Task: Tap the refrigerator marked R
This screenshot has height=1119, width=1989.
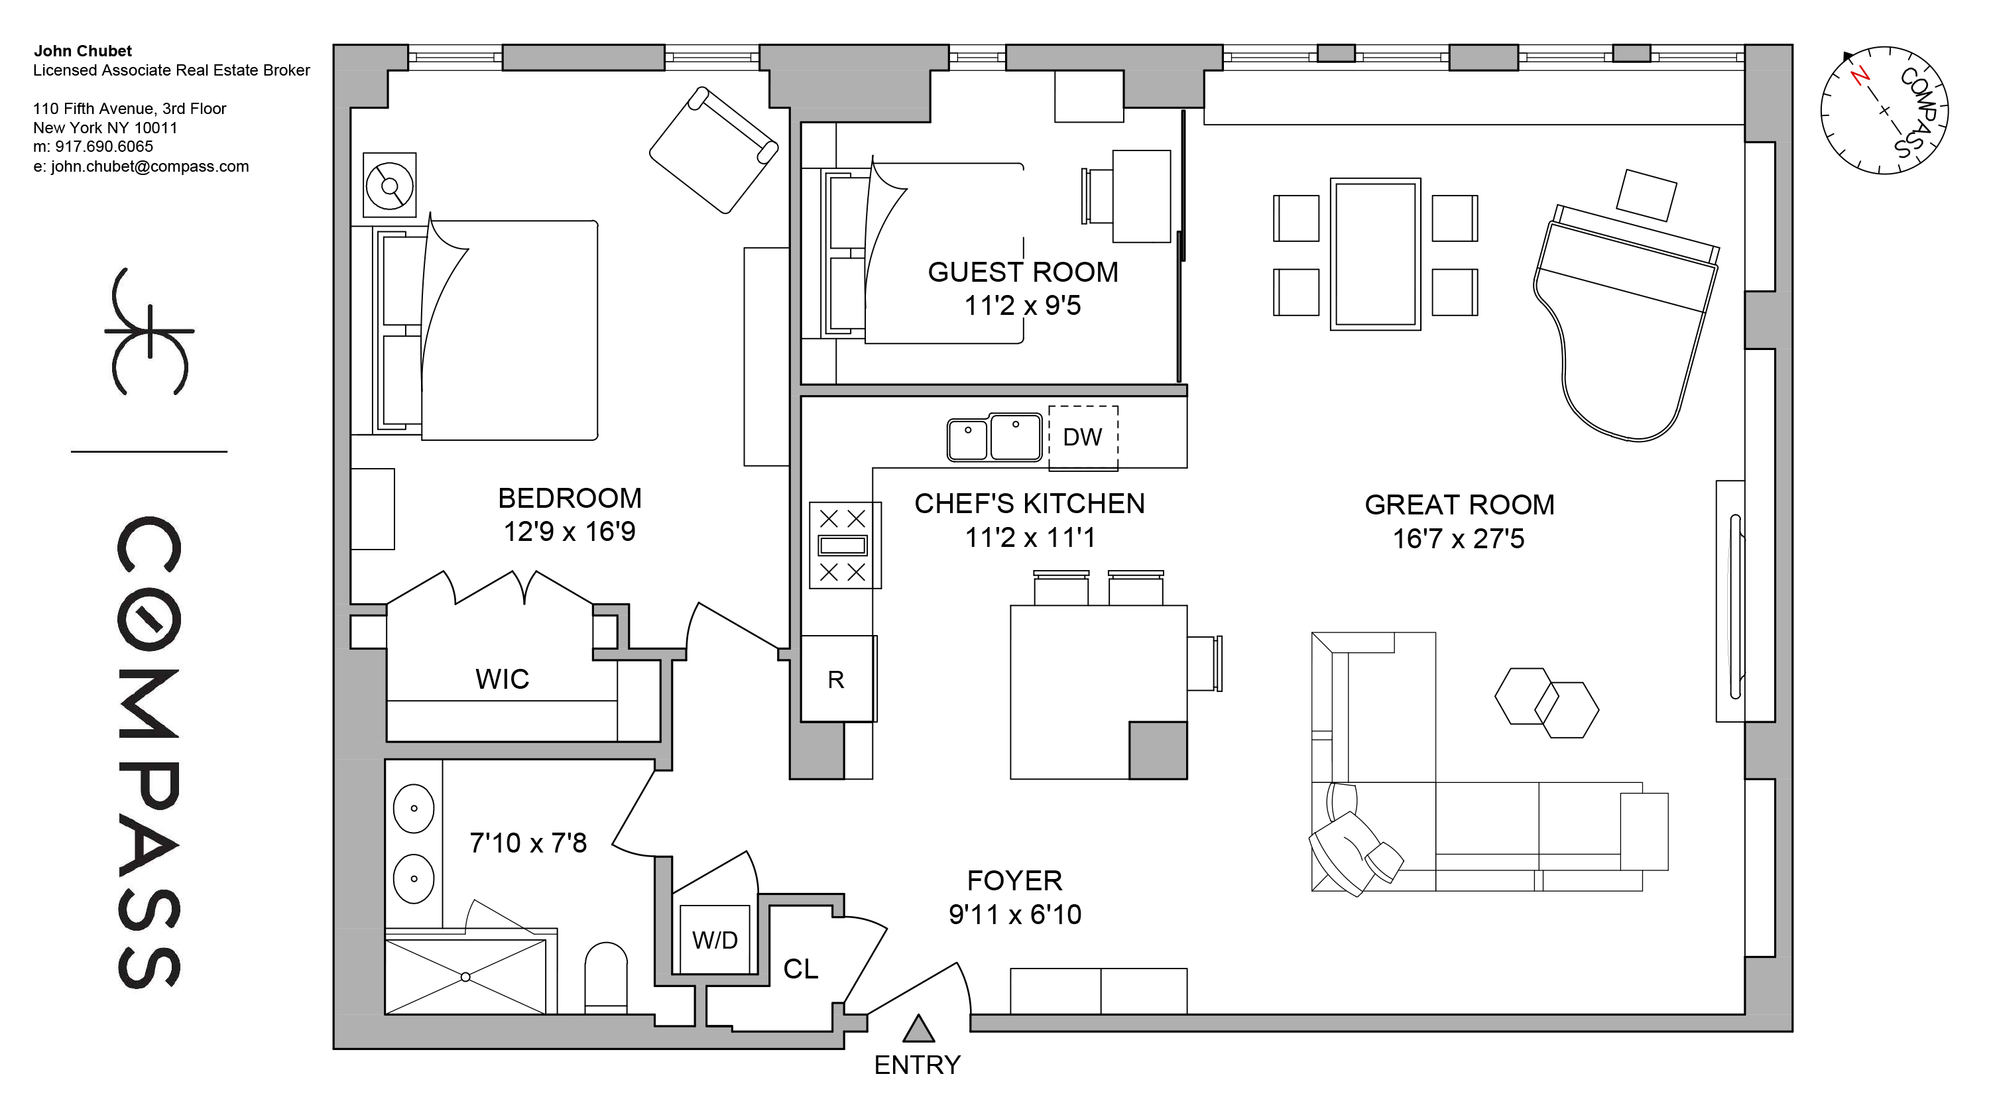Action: coord(836,679)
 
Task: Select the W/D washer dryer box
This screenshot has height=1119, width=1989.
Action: coord(714,940)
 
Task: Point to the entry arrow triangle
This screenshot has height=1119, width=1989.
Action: coord(918,1029)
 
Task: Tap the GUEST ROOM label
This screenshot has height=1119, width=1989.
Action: coord(1022,272)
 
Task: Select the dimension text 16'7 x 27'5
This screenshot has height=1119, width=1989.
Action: coord(1458,539)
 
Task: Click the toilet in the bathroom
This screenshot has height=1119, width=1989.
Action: coord(606,977)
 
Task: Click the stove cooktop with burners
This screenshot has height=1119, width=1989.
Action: coord(843,545)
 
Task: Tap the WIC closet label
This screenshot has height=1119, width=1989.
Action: coord(502,679)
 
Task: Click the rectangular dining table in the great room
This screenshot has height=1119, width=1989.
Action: coord(1375,254)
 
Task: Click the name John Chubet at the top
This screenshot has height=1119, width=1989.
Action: coord(83,51)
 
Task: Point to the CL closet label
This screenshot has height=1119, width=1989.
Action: coord(800,969)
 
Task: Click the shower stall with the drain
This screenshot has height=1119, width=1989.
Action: coord(465,977)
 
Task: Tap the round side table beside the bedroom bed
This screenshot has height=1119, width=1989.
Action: coord(389,186)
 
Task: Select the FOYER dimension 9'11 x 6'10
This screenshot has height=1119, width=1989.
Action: coord(1014,915)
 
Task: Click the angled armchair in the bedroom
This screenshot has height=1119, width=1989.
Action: coord(713,150)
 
